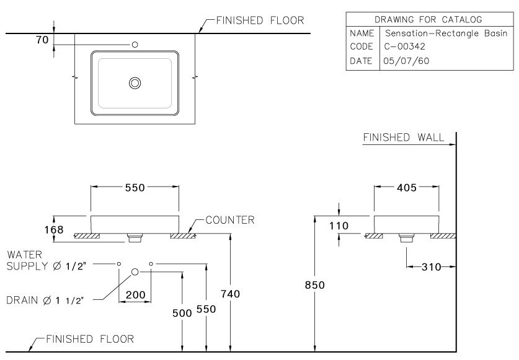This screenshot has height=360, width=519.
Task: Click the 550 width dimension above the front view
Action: [x=135, y=188]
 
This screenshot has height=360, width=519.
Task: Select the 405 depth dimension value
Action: [x=406, y=188]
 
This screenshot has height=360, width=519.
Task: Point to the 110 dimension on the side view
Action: [x=339, y=226]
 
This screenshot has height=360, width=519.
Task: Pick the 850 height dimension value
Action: [x=315, y=285]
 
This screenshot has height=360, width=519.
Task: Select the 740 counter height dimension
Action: [x=230, y=293]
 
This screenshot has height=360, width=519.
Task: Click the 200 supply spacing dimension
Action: [x=135, y=295]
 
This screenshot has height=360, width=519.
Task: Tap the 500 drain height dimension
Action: [x=181, y=313]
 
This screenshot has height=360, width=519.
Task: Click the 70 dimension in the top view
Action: [x=42, y=40]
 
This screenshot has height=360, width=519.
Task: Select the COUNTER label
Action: [x=229, y=220]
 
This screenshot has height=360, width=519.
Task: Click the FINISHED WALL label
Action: [x=403, y=138]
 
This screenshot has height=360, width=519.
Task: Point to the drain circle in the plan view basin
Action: [x=135, y=83]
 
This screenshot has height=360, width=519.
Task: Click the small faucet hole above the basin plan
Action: [x=135, y=45]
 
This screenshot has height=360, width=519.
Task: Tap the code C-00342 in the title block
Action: [x=405, y=46]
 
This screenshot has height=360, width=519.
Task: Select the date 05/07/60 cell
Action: [x=407, y=61]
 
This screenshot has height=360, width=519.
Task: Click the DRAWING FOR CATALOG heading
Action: [x=428, y=20]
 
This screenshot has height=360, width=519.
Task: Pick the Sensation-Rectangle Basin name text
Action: [x=446, y=33]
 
